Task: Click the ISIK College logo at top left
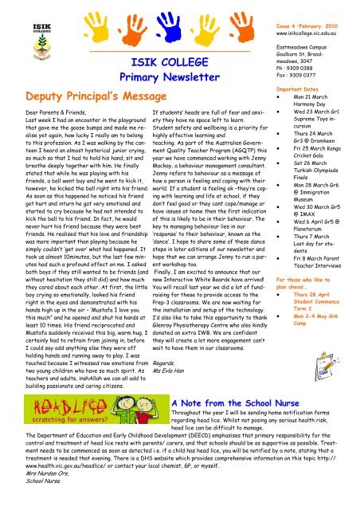click(x=22, y=21)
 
